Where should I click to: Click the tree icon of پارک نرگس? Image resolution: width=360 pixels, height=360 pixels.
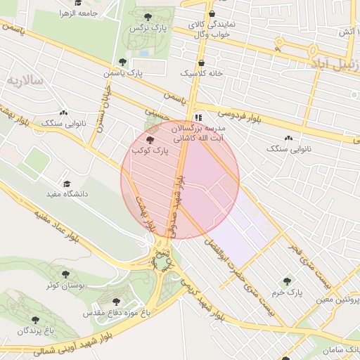click(147, 17)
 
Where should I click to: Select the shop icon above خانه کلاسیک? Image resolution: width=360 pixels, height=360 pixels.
click(201, 62)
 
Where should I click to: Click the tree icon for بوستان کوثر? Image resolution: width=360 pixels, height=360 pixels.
click(65, 274)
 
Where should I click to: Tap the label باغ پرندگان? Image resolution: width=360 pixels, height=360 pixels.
click(31, 330)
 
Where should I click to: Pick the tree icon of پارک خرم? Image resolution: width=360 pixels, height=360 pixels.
click(288, 281)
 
